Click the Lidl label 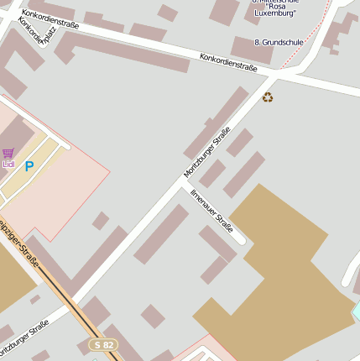click(x=8, y=165)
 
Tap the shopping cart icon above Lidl click(x=8, y=154)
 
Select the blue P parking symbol click(x=29, y=166)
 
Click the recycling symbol click(x=268, y=97)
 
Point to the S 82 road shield click(x=104, y=344)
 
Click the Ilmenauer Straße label click(x=211, y=210)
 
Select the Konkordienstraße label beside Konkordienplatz click(x=50, y=18)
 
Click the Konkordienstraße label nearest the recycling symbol click(x=228, y=61)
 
